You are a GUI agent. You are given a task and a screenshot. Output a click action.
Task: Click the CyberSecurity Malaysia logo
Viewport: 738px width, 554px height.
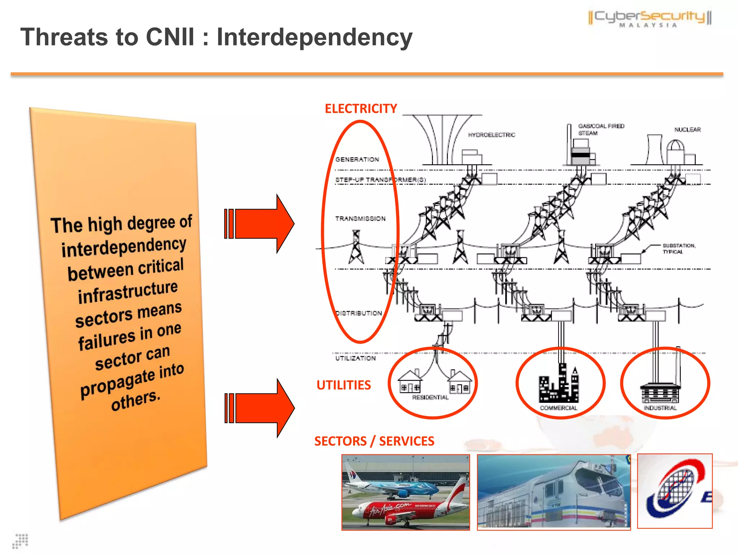click(x=650, y=18)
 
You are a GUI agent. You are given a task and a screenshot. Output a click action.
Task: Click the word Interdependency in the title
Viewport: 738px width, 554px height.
click(x=314, y=38)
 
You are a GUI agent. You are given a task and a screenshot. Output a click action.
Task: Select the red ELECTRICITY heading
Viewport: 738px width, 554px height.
click(x=361, y=109)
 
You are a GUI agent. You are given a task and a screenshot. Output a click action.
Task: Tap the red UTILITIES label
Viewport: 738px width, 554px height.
click(x=343, y=385)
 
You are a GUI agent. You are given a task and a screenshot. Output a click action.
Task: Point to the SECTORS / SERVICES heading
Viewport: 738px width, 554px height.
click(x=374, y=441)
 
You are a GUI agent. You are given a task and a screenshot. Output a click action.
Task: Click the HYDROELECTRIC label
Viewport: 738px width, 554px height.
click(x=491, y=135)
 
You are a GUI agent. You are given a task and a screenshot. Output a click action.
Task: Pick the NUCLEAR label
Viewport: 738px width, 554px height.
click(x=687, y=129)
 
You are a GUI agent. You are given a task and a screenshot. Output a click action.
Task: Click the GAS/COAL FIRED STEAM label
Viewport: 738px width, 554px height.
click(x=600, y=129)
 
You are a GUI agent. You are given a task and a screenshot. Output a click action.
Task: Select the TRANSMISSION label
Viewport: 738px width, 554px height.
click(x=360, y=219)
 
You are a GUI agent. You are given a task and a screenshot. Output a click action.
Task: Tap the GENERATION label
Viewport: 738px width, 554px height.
click(x=357, y=159)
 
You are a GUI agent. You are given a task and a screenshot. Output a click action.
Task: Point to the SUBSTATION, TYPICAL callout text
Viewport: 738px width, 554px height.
click(x=679, y=249)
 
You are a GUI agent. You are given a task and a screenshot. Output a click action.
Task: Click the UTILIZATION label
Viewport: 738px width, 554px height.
click(x=355, y=358)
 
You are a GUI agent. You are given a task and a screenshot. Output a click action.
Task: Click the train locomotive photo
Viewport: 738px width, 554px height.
click(x=553, y=492)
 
